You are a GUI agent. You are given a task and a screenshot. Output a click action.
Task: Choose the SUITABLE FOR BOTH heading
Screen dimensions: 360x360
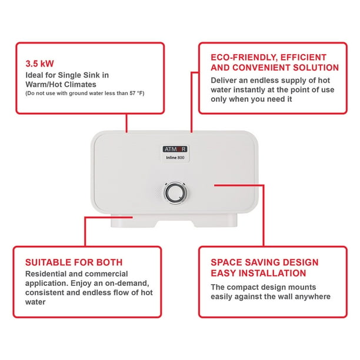(74, 262)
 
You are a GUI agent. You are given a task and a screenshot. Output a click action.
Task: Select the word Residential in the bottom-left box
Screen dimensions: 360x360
(47, 274)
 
